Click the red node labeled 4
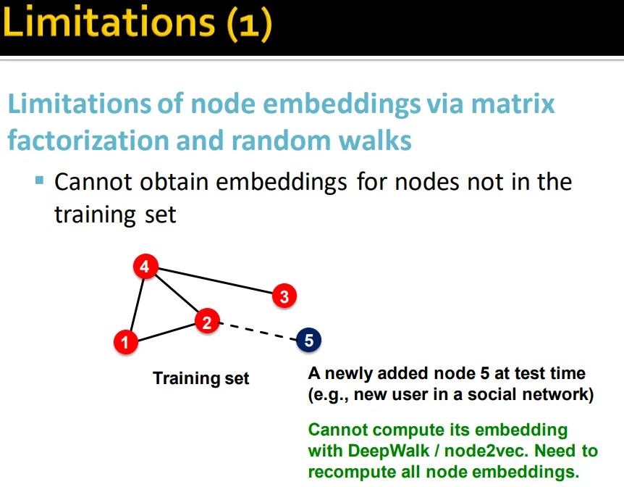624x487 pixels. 146,266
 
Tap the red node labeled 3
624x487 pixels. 284,296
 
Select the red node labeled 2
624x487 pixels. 207,321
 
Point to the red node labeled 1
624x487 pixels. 126,342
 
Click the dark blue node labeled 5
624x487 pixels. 309,340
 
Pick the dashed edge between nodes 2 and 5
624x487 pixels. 258,331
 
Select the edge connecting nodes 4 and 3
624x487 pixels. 215,281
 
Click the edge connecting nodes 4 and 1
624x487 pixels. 137,304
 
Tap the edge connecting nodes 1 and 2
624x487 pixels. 166,333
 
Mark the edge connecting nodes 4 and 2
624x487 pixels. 176,294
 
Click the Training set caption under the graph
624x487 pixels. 201,378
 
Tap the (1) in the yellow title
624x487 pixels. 250,25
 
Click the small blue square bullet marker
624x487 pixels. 39,180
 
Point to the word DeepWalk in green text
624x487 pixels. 389,451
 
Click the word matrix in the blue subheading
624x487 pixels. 513,104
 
